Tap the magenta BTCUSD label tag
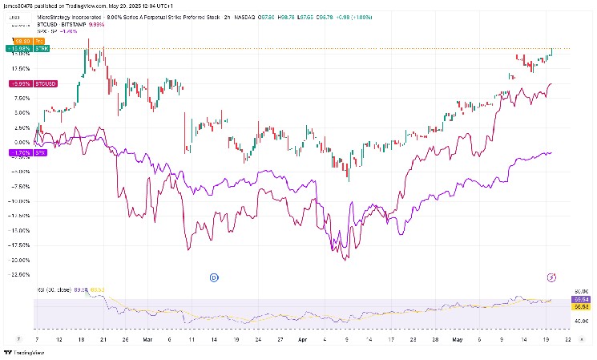click(x=21, y=83)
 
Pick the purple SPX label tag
click(x=19, y=152)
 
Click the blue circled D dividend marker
click(x=214, y=277)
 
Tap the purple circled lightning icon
click(x=551, y=277)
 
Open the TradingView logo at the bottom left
click(x=24, y=352)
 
